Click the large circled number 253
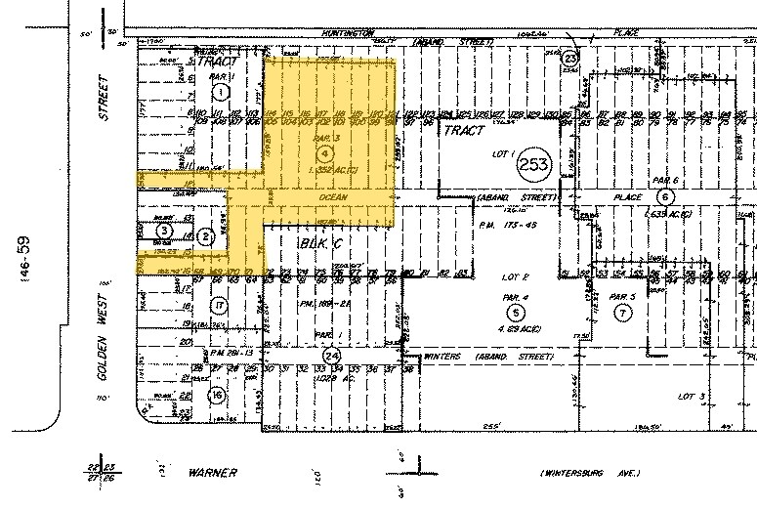535,162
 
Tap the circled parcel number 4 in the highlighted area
311,154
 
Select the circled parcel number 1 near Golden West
220,93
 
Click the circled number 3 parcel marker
165,231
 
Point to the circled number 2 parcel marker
205,236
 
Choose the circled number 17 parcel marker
220,307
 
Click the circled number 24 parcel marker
332,355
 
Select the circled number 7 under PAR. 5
621,313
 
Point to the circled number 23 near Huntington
571,60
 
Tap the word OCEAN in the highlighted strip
333,197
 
